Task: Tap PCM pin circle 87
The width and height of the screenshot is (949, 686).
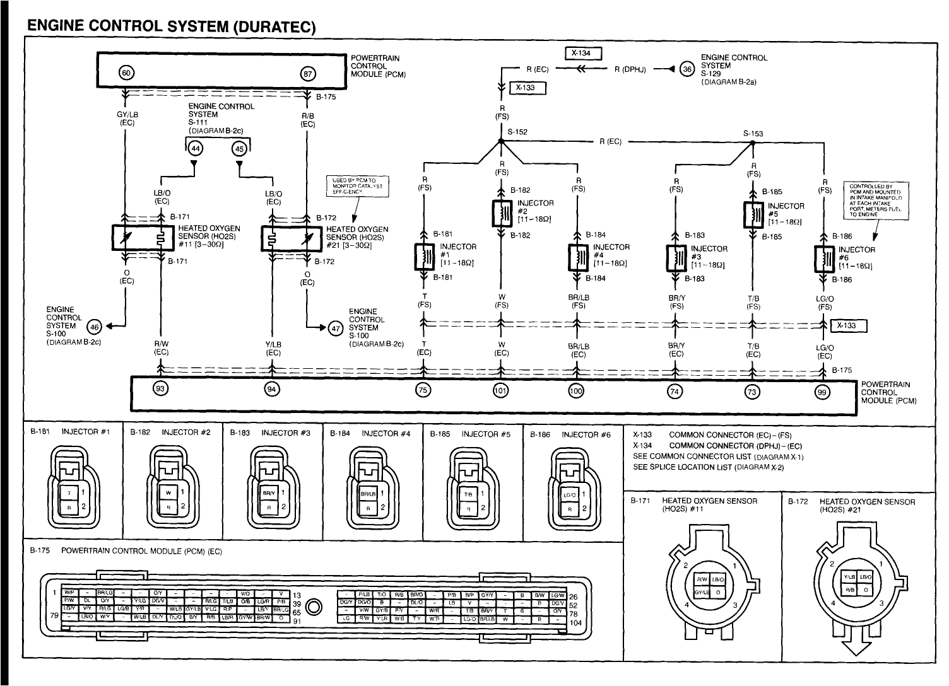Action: pos(307,74)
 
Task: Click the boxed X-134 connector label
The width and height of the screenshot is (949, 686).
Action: pos(584,54)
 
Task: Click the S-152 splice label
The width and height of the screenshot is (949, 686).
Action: pos(517,132)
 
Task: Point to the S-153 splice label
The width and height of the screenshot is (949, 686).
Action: pos(753,134)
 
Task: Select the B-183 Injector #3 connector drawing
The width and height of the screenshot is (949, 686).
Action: pos(272,489)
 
